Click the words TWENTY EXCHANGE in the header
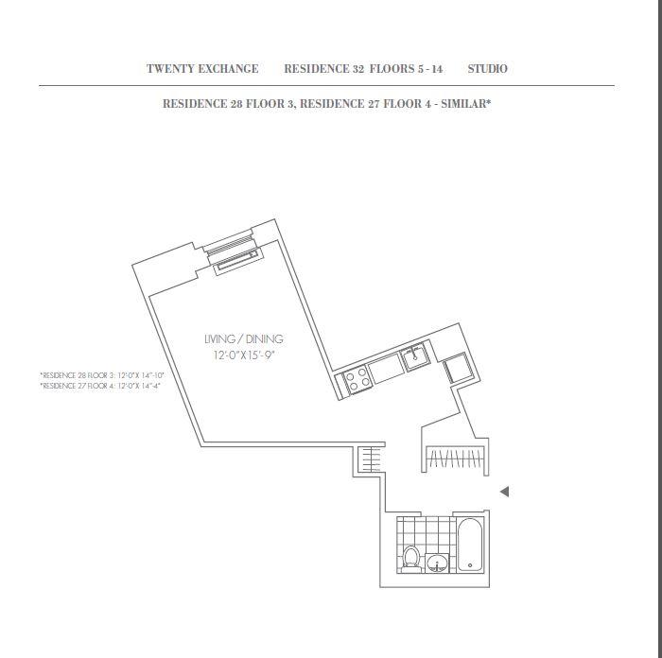(x=202, y=69)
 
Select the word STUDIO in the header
(x=487, y=69)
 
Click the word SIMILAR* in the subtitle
(x=462, y=104)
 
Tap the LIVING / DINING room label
(x=243, y=338)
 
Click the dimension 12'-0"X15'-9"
(x=243, y=355)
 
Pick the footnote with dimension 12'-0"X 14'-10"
(x=101, y=375)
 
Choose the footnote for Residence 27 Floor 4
(x=99, y=386)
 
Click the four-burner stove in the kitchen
(x=356, y=381)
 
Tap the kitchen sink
(x=414, y=357)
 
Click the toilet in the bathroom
(x=410, y=557)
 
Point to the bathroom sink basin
(x=437, y=564)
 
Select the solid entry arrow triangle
(x=505, y=492)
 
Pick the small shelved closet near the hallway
(x=371, y=459)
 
